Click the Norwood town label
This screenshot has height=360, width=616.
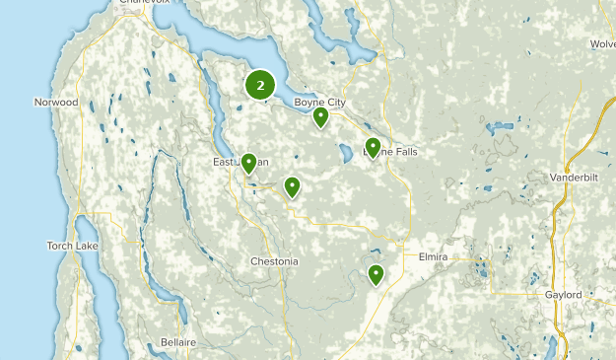[x=55, y=102]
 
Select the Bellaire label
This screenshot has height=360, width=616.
[x=178, y=342]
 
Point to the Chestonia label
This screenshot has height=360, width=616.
[x=274, y=261]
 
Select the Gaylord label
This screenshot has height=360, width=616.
[x=563, y=295]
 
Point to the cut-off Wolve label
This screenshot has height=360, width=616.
[x=603, y=44]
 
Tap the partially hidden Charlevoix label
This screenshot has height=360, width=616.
[x=144, y=3]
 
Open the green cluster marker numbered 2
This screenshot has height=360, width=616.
[x=260, y=85]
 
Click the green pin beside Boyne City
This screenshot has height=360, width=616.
[x=320, y=118]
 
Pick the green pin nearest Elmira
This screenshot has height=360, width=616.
[x=376, y=275]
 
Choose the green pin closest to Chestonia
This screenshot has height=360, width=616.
[x=292, y=186]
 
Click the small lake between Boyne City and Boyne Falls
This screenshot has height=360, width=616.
[x=346, y=155]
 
